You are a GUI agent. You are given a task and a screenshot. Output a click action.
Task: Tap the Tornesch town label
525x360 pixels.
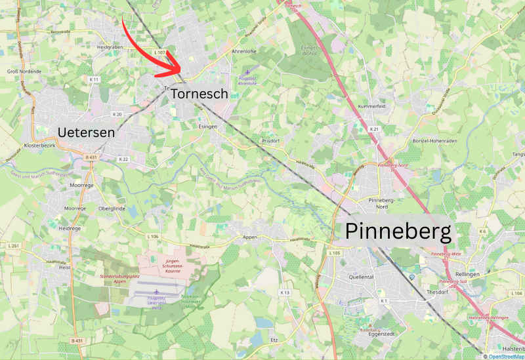pyautogui.click(x=199, y=94)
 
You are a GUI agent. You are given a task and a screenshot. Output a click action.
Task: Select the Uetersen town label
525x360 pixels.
pyautogui.click(x=86, y=132)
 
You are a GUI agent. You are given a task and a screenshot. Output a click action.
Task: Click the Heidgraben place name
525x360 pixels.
pyautogui.click(x=110, y=47)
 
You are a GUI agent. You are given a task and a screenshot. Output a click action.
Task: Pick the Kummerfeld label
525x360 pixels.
pyautogui.click(x=371, y=106)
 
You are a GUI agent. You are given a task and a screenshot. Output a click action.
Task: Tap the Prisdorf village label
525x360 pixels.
pyautogui.click(x=271, y=140)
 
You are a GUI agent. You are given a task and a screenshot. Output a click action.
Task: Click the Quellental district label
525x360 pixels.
pyautogui.click(x=362, y=277)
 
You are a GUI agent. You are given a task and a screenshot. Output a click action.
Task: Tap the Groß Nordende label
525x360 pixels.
pyautogui.click(x=24, y=71)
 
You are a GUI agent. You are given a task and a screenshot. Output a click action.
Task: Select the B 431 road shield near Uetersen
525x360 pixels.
pyautogui.click(x=91, y=157)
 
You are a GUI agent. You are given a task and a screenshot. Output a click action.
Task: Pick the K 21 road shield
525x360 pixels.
pyautogui.click(x=375, y=129)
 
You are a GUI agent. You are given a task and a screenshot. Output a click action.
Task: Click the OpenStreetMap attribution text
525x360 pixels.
pyautogui.click(x=505, y=356)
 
